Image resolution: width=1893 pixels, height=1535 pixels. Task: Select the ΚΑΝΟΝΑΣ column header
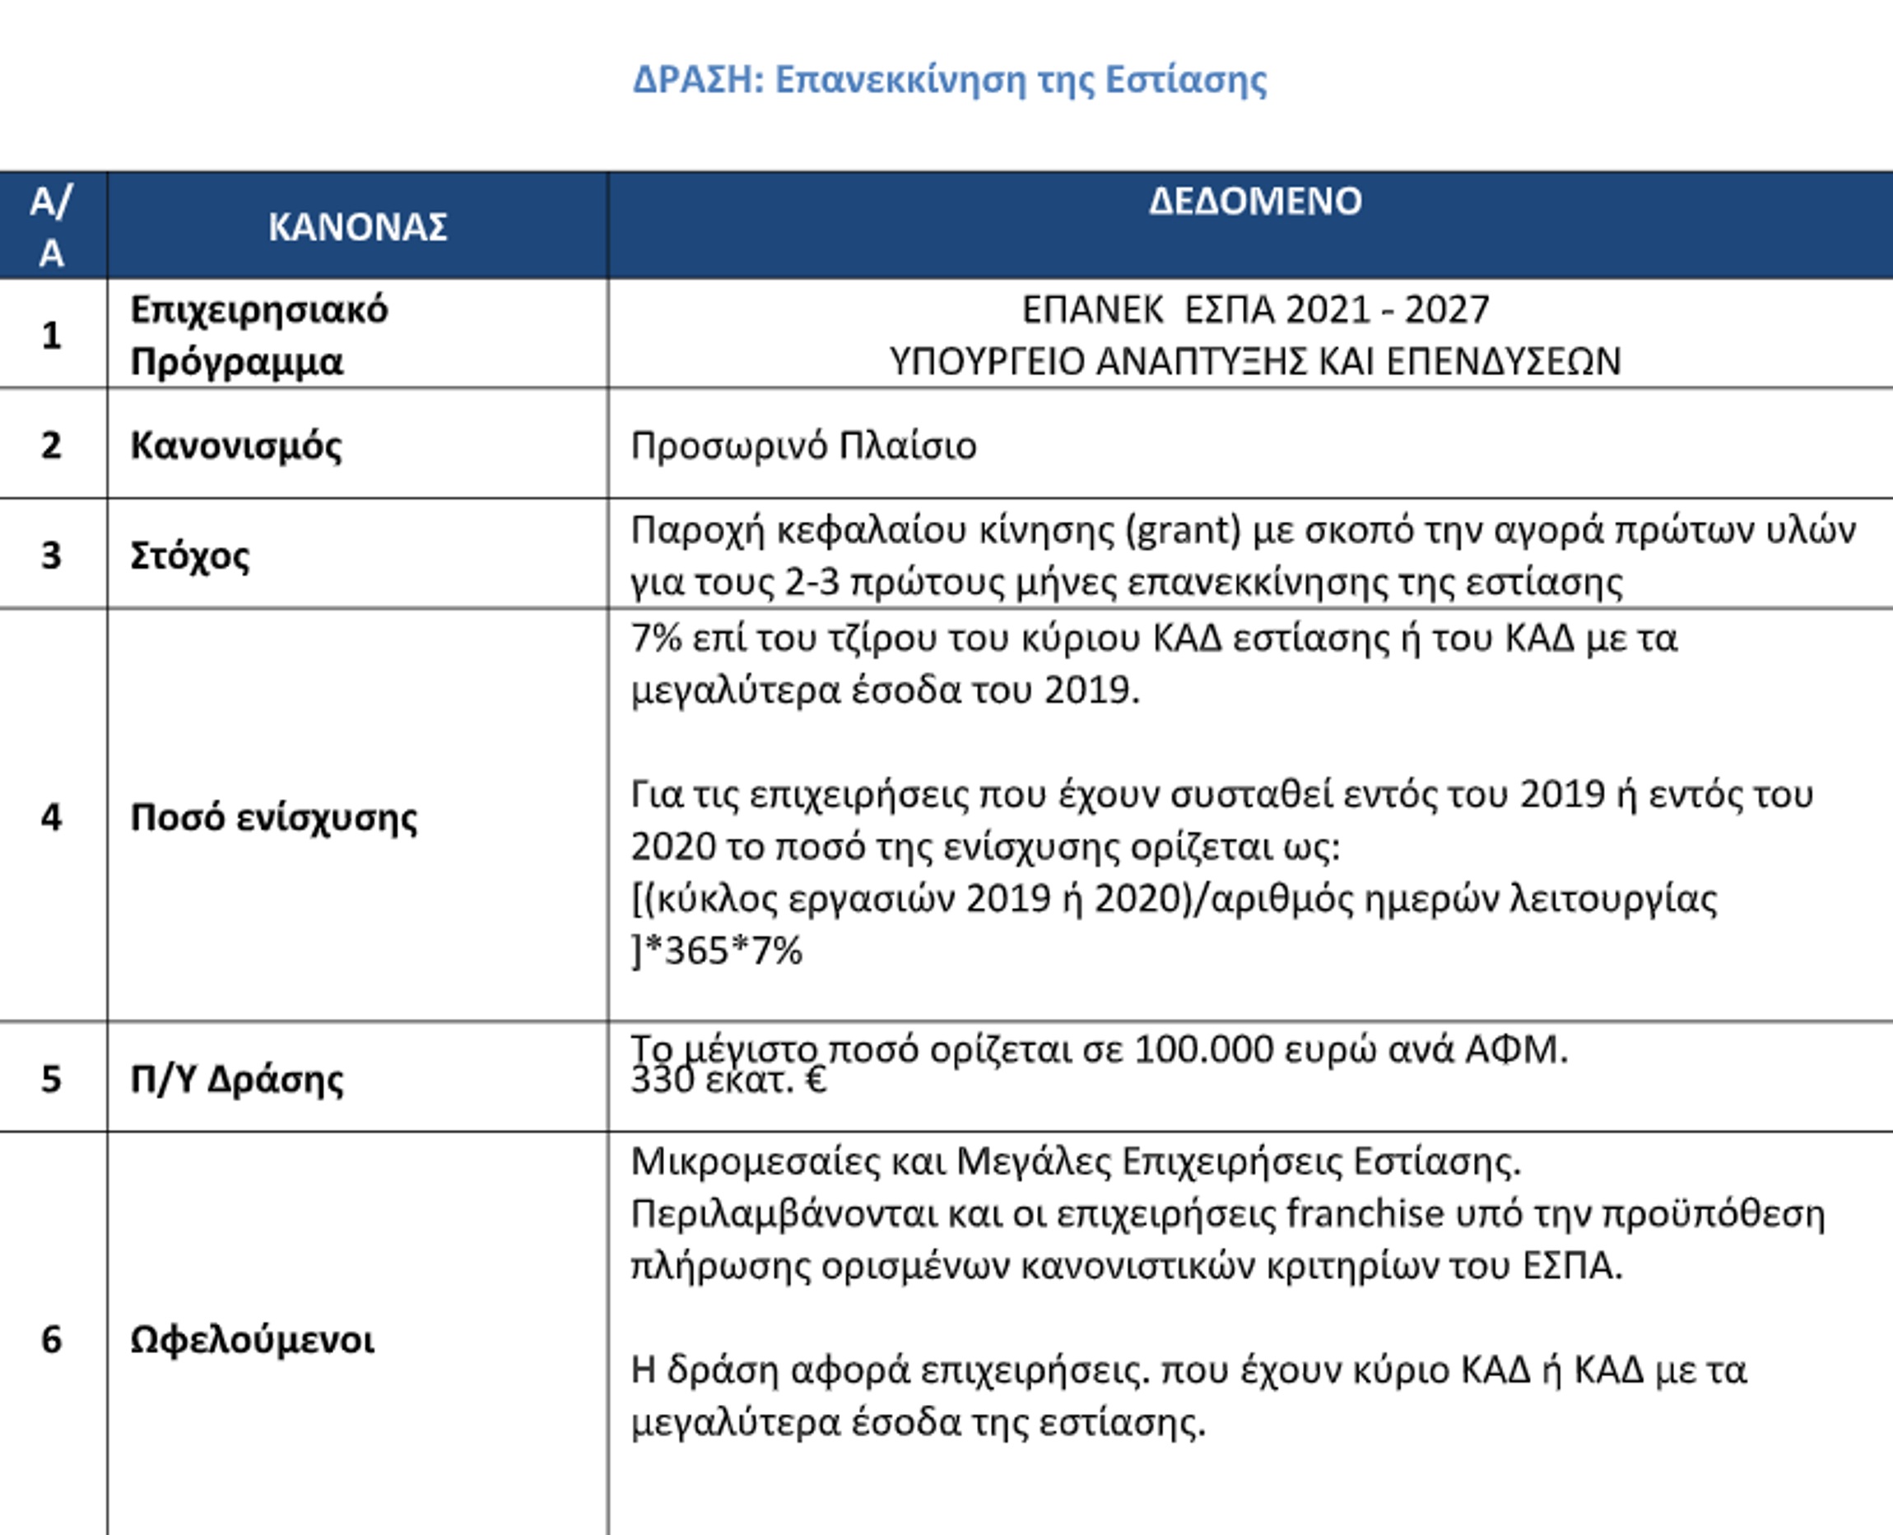357,227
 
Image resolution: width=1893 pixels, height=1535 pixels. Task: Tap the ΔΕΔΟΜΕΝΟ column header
1254,202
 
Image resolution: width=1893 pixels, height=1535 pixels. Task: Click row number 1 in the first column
51,335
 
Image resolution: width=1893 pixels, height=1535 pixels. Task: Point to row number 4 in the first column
51,817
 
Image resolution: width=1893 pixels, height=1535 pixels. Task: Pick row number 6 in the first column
51,1340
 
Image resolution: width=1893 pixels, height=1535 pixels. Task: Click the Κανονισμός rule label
236,444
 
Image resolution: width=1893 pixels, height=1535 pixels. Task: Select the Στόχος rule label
189,556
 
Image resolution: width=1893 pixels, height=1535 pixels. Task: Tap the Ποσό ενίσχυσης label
273,817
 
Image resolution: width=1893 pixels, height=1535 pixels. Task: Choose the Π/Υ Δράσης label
236,1080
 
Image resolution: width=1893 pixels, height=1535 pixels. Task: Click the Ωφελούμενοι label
252,1341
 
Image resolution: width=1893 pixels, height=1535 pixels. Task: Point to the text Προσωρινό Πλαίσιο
802,445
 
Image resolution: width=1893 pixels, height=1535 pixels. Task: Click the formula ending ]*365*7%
717,951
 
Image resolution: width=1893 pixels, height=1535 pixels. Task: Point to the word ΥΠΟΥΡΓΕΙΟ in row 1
987,361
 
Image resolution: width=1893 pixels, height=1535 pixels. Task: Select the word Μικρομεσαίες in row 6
755,1161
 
